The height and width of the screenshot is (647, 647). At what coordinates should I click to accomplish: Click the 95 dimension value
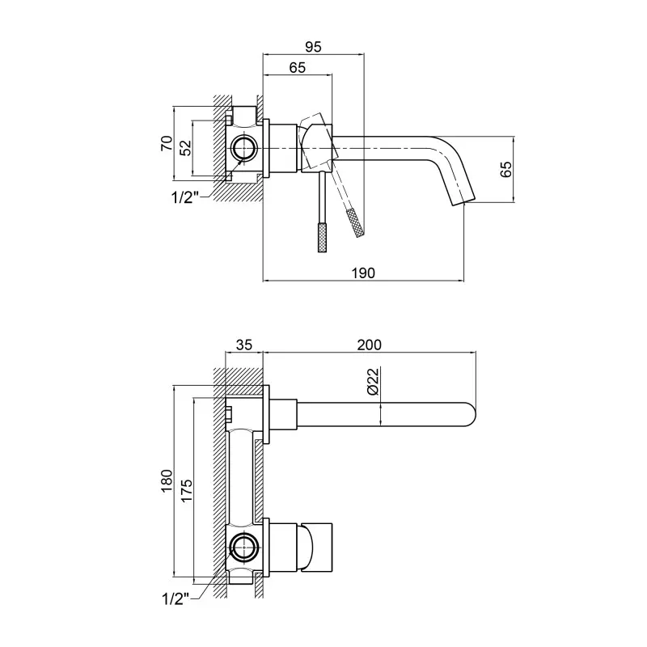[313, 47]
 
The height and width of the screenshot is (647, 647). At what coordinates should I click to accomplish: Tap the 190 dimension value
[363, 273]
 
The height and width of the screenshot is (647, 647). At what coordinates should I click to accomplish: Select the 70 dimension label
[167, 143]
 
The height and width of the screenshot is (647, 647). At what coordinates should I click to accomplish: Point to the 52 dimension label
[187, 148]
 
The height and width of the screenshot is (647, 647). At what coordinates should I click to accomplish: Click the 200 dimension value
[370, 345]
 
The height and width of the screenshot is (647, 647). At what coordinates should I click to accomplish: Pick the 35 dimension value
[243, 345]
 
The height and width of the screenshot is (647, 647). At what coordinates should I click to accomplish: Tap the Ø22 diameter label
[373, 381]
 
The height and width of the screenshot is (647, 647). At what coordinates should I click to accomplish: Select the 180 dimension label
[167, 480]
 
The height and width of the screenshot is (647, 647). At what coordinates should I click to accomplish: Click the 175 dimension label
[187, 490]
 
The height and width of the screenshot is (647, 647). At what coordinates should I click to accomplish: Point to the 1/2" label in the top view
[185, 197]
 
